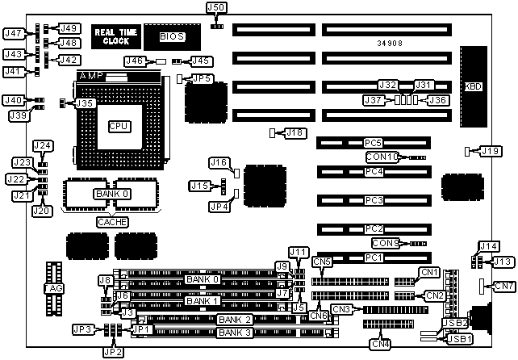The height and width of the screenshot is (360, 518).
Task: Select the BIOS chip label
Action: (x=171, y=36)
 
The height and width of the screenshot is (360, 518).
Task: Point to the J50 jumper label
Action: (x=217, y=7)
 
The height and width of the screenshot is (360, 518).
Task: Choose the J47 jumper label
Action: (x=13, y=34)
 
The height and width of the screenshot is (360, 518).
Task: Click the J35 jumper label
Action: (x=86, y=103)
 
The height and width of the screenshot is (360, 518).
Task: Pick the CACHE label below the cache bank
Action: (x=112, y=221)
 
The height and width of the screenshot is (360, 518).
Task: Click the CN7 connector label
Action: (x=503, y=286)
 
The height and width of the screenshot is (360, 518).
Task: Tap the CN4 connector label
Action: (x=380, y=345)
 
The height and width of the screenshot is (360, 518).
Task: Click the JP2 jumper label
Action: (x=113, y=351)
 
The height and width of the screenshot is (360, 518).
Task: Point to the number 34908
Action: (x=390, y=43)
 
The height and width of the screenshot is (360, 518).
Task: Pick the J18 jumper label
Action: (x=295, y=132)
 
